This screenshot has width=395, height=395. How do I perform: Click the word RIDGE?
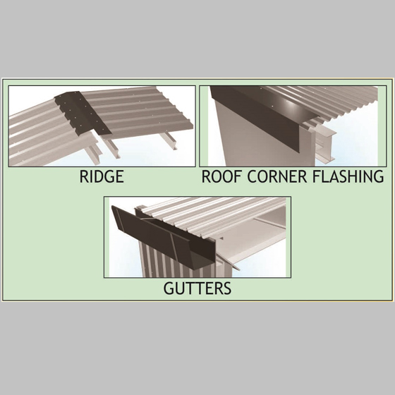[x=102, y=176]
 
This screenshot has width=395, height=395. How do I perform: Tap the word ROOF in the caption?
[x=221, y=176]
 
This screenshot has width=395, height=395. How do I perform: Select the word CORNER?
[x=276, y=176]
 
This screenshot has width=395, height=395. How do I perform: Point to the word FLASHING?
[x=348, y=176]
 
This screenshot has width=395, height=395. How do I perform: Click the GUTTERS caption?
[x=197, y=288]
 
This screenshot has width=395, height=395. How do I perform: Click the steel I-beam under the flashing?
[x=325, y=144]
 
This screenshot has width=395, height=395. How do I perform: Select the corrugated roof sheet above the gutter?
[x=214, y=214]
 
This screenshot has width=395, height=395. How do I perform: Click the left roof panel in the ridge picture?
[x=48, y=136]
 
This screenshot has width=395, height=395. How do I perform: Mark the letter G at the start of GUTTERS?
[x=169, y=288]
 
